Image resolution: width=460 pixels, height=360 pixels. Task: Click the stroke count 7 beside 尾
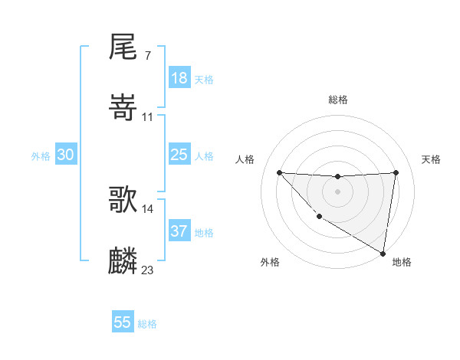(147, 55)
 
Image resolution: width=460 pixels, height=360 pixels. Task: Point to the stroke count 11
(148, 116)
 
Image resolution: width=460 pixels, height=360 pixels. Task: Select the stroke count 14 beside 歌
(148, 208)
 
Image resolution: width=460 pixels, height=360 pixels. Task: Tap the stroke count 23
(148, 270)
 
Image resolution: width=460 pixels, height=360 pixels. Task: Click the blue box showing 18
(179, 78)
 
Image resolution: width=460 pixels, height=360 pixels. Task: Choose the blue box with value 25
(179, 155)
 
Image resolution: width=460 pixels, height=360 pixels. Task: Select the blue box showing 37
(179, 231)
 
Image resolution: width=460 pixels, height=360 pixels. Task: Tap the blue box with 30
(66, 155)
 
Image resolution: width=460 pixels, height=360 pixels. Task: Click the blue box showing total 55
(123, 322)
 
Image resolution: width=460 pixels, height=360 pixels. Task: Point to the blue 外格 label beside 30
(41, 156)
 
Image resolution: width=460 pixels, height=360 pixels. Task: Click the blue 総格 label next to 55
(147, 324)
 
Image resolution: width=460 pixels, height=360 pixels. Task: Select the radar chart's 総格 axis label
(337, 100)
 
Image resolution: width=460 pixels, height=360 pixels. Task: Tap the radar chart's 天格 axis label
(432, 159)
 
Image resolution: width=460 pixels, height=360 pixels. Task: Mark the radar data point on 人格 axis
(279, 172)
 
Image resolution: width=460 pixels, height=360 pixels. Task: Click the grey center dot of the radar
(337, 191)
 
